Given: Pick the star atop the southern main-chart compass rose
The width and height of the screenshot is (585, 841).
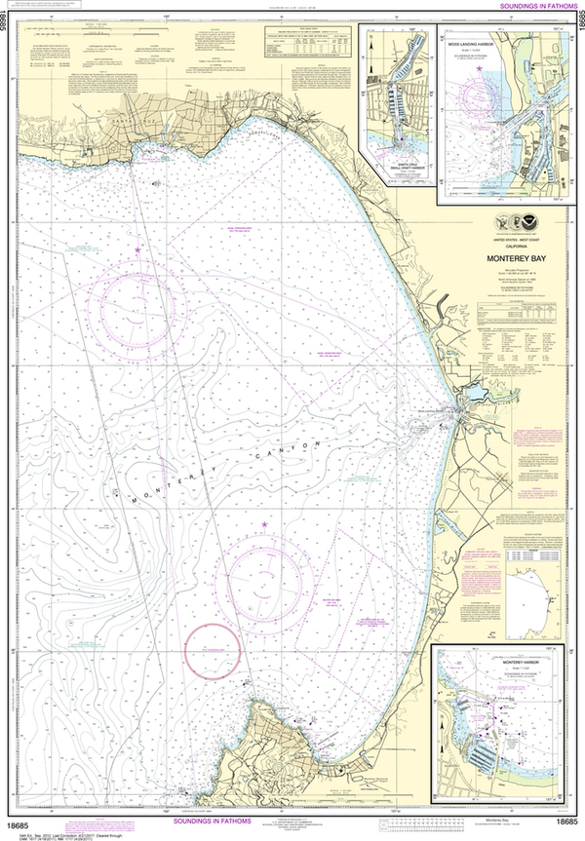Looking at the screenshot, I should [263, 525].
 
